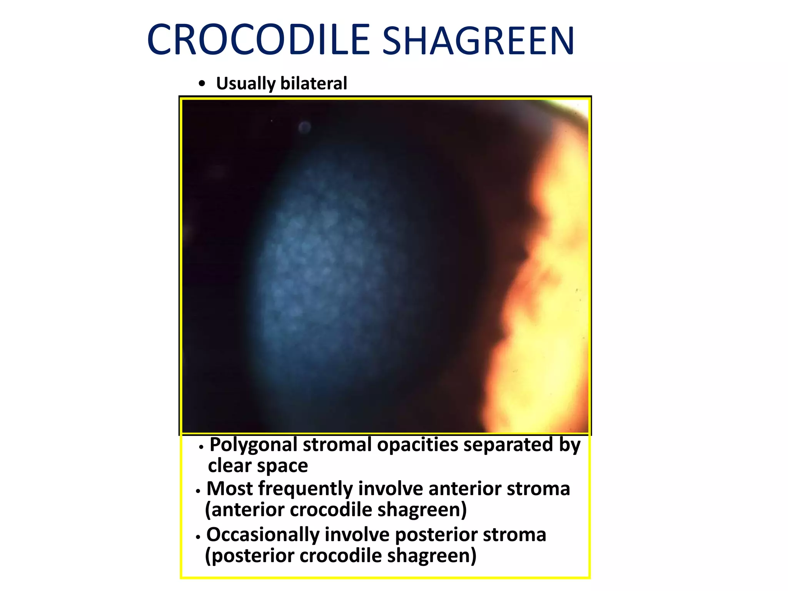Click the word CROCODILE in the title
259,40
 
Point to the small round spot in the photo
304,127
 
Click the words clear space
258,466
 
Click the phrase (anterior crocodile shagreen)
336,510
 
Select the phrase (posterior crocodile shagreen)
341,556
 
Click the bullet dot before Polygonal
201,447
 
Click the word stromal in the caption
337,445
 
